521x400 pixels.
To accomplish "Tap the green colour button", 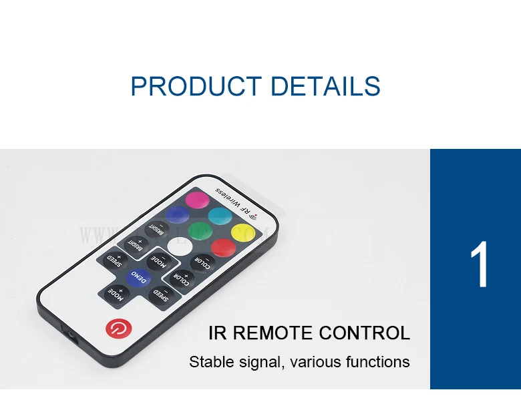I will pos(198,231).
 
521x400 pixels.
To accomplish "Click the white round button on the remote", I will pos(178,246).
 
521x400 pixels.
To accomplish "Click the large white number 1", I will pos(479,266).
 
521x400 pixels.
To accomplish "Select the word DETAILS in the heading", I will pos(325,87).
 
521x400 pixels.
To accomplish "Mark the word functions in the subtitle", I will pos(377,363).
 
